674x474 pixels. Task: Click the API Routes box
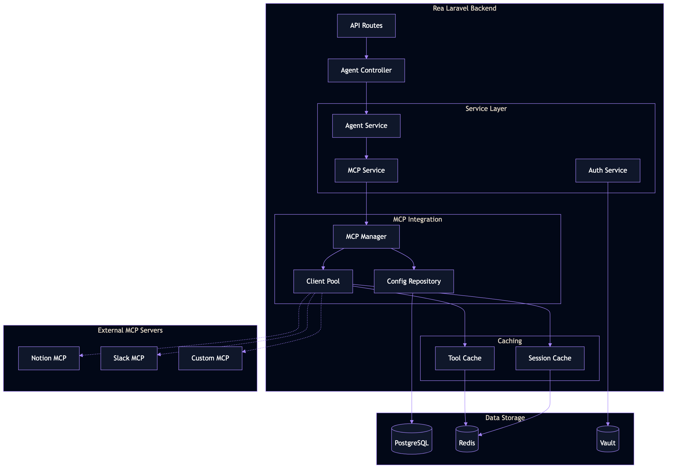[x=366, y=26]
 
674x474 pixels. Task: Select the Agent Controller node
[x=366, y=70]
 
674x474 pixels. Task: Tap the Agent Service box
[x=366, y=126]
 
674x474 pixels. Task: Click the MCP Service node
[x=366, y=170]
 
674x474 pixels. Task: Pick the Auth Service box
[x=607, y=170]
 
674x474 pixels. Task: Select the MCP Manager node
[x=366, y=236]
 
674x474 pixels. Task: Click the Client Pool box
[x=323, y=281]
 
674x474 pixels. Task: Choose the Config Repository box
[x=414, y=281]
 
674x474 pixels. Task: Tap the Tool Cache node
[x=465, y=358]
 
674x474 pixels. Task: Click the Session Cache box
[x=550, y=358]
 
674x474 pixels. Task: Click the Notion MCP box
[x=49, y=358]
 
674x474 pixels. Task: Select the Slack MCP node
[x=129, y=358]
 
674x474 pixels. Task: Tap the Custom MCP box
[x=210, y=358]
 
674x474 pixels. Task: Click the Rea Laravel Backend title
[x=465, y=8]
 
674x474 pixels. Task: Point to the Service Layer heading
[x=486, y=109]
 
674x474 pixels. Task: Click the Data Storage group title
[x=505, y=418]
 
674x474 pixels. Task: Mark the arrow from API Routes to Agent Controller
[x=366, y=48]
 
